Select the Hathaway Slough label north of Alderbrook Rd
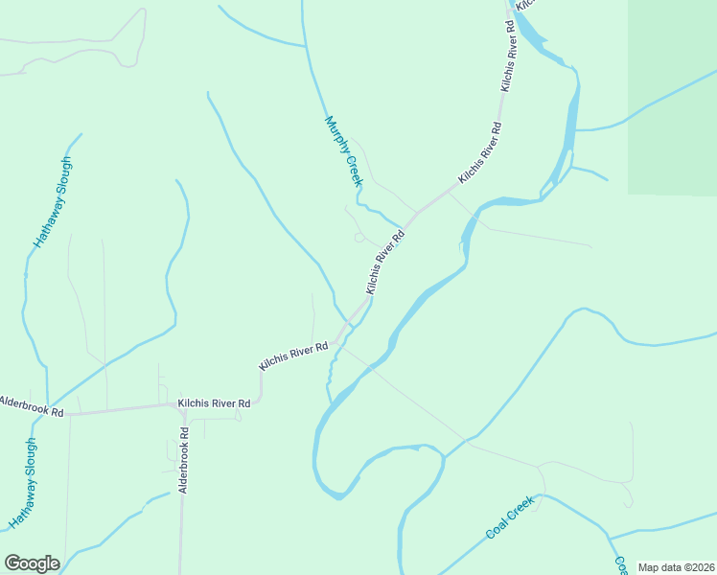coord(54,201)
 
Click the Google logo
coord(32,563)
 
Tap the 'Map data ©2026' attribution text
coord(676,567)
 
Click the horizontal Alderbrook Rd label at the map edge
coord(31,405)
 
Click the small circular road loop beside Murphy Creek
coord(358,237)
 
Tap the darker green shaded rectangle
coord(672,96)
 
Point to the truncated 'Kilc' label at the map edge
coord(524,5)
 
